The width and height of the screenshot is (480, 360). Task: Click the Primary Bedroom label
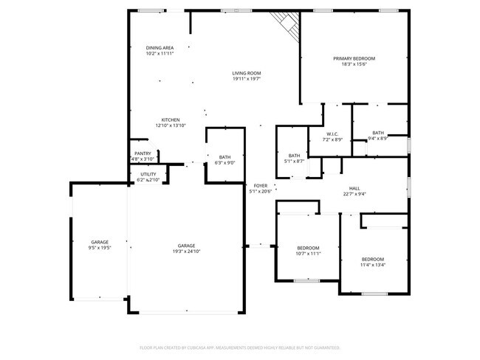[354, 58]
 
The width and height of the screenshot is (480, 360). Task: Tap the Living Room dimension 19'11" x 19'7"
[247, 79]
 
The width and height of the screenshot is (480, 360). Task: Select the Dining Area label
[160, 48]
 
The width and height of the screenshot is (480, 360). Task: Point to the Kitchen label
[171, 120]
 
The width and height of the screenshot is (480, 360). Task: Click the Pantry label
[143, 153]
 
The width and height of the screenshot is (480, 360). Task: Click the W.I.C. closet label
[332, 134]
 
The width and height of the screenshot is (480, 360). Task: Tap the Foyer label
[261, 185]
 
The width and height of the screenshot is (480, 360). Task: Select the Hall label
[354, 188]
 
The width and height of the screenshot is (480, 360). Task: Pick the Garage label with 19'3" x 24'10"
[186, 246]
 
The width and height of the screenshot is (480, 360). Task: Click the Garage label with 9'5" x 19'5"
[100, 242]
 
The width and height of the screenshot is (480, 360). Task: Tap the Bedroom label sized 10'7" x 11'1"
[308, 247]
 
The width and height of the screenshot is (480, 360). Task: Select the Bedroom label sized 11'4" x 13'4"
[372, 259]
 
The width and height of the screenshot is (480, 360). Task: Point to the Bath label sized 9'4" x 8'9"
[378, 133]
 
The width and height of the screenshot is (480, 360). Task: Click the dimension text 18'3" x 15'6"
[354, 64]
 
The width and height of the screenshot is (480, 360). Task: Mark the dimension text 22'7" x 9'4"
[354, 194]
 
